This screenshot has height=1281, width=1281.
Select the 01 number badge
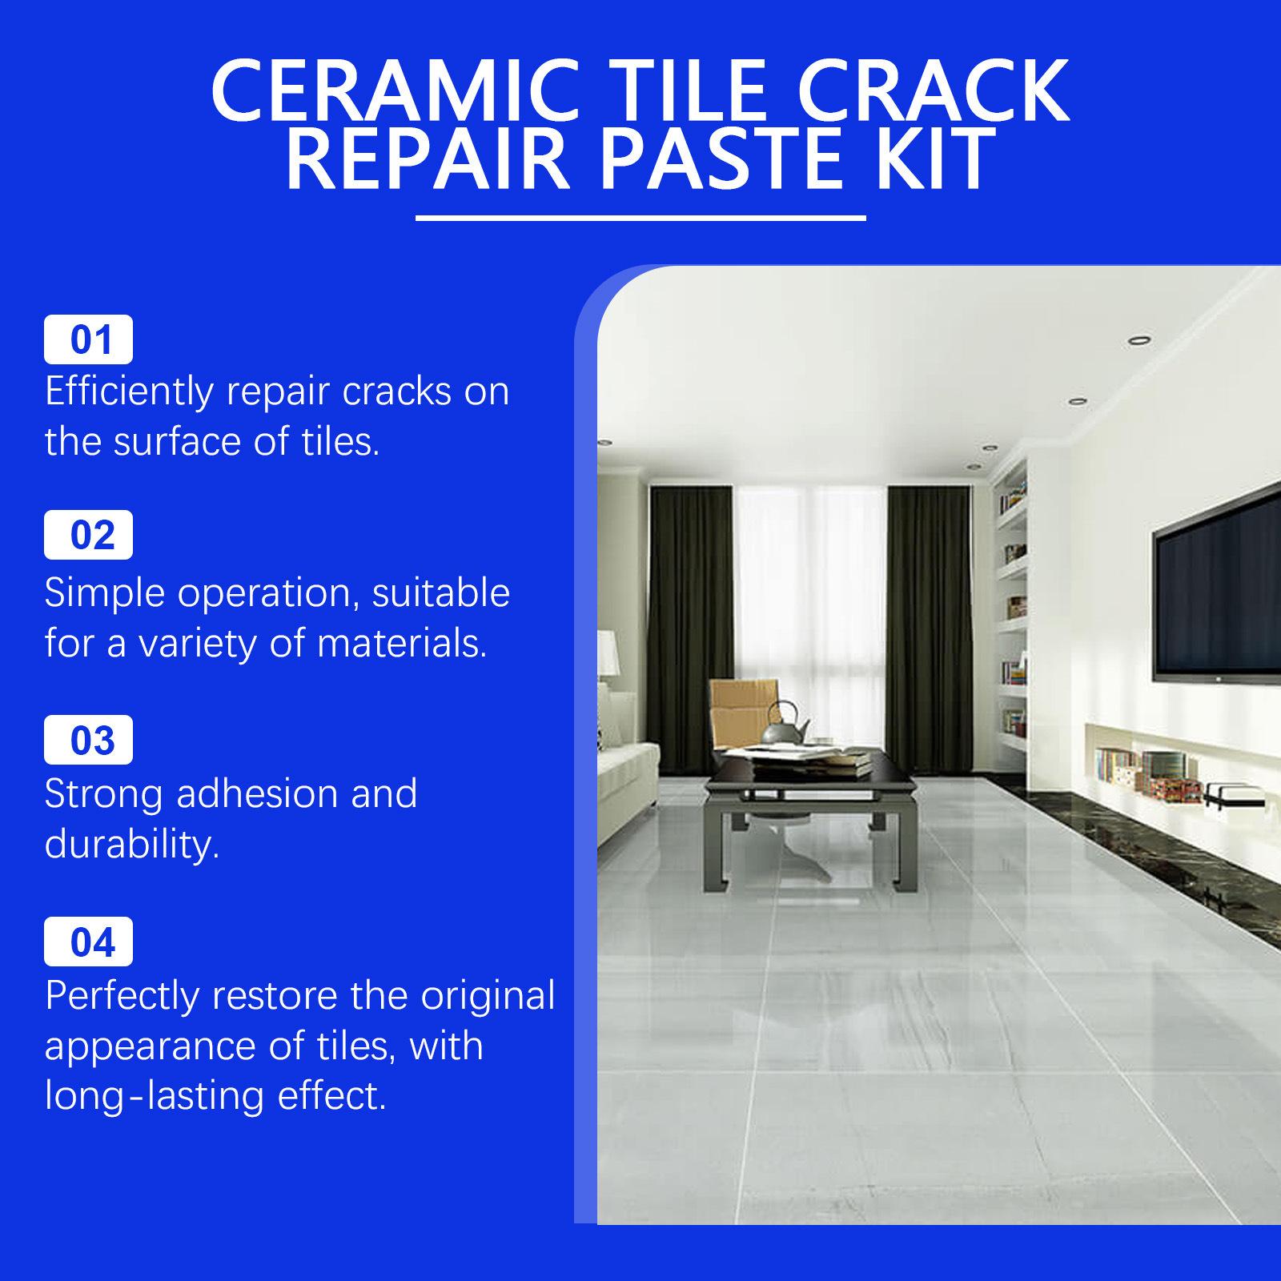88,339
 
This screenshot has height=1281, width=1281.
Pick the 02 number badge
88,535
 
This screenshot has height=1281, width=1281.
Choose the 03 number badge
88,740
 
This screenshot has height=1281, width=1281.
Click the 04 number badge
88,942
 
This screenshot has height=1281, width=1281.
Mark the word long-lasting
155,1097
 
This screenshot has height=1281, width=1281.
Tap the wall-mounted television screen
1217,592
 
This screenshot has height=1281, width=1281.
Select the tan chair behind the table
745,713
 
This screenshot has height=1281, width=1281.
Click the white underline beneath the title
641,217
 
